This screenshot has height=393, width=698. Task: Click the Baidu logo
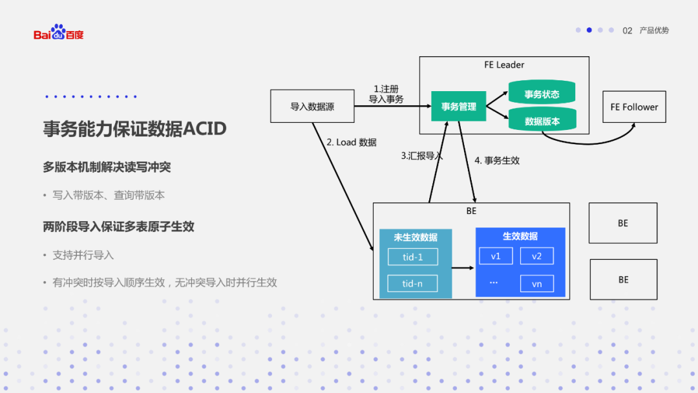[59, 32]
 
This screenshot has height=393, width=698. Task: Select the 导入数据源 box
[312, 107]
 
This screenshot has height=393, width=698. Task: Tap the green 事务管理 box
[458, 107]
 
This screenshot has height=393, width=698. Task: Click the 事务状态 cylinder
[542, 94]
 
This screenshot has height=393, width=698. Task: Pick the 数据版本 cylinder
[542, 121]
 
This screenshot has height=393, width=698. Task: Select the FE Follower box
[634, 107]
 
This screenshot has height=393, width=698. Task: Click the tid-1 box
[412, 257]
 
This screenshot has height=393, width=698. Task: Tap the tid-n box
[412, 283]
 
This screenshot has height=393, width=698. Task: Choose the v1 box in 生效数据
[496, 256]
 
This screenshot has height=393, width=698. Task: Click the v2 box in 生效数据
[536, 256]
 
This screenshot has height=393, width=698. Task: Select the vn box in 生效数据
[536, 283]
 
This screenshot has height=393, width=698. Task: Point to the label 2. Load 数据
[351, 142]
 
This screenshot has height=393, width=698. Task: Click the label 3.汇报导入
[421, 156]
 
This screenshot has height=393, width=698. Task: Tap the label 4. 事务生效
[497, 160]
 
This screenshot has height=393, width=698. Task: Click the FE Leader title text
[504, 65]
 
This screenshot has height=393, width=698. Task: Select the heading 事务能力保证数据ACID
[134, 129]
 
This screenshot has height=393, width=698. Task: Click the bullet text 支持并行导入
[83, 255]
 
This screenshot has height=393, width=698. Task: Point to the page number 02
[627, 30]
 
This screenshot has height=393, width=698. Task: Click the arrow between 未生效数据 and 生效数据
[463, 267]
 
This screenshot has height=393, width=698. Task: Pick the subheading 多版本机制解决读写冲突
[107, 167]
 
